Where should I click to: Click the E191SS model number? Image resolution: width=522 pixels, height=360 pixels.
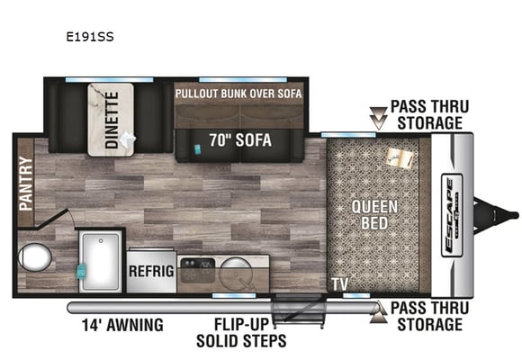pos(90,36)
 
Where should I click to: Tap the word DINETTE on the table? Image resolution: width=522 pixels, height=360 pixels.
pos(112,120)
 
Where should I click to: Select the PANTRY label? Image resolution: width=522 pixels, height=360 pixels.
pos(25,184)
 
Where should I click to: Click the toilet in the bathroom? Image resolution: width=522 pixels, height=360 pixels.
pos(34,257)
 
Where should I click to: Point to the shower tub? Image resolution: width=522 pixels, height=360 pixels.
pos(101,261)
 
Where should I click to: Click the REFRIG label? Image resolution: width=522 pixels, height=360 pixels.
pos(151,271)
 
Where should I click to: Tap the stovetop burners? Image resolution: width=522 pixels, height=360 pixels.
pos(198,270)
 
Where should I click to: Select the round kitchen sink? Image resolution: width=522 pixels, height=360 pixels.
pos(237,271)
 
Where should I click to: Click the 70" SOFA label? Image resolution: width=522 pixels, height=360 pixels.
pos(240,140)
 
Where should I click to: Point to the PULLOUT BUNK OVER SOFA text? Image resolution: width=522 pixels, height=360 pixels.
pos(238,94)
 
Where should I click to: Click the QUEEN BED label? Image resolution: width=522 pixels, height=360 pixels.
pos(374,215)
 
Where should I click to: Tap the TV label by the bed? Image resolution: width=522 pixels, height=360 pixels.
pos(340,284)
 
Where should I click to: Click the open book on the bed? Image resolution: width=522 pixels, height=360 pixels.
pos(400,157)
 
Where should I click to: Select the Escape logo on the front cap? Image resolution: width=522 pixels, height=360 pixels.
pos(452,215)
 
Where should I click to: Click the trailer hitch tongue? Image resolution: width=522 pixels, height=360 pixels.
pos(496,215)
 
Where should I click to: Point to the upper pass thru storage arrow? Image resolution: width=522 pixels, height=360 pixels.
pos(379,118)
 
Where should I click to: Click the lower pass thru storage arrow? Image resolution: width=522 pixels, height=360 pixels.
pos(379,312)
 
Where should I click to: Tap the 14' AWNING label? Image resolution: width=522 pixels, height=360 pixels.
pos(122,325)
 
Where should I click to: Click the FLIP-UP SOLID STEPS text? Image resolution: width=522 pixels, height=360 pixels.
pos(241,332)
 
